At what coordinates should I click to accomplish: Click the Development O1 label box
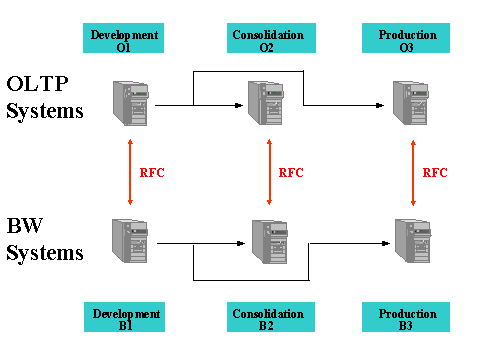(x=124, y=39)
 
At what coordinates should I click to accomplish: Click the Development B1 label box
(x=124, y=319)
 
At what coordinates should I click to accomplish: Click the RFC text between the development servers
(x=152, y=172)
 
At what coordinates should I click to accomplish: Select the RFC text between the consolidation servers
(x=290, y=172)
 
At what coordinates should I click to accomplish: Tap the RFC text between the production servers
(x=435, y=172)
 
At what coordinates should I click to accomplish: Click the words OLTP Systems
(x=45, y=97)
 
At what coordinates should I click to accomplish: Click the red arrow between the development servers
(x=130, y=172)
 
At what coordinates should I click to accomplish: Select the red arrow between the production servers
(x=413, y=172)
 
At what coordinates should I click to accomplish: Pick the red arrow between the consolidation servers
(x=269, y=172)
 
